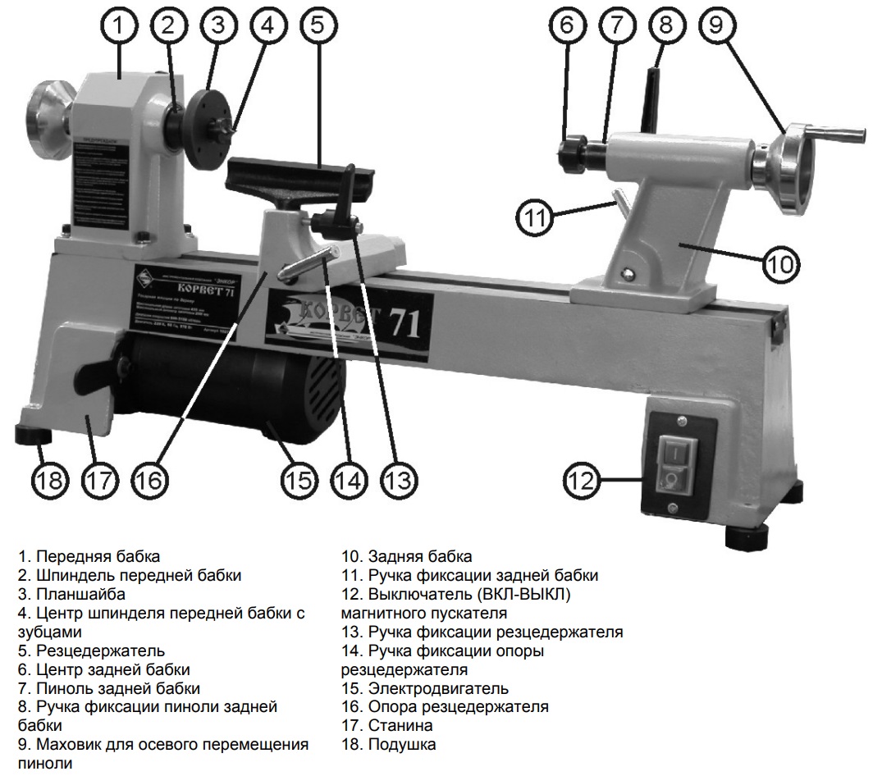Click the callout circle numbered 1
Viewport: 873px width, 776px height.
click(120, 25)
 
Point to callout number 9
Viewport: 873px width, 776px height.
click(716, 25)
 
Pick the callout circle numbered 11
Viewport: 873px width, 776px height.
click(535, 217)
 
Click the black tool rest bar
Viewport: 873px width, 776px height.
click(287, 173)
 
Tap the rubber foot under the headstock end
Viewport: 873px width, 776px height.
click(30, 433)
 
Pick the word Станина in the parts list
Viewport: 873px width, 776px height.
click(400, 726)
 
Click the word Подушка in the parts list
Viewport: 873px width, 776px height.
click(402, 745)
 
